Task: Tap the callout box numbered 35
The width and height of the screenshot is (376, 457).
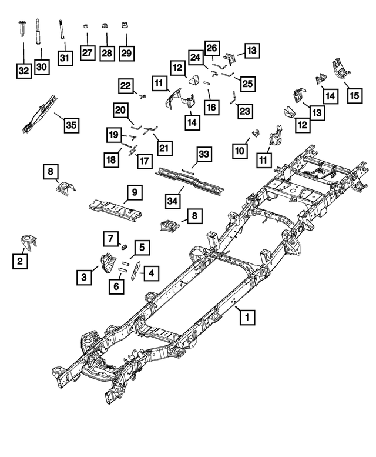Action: point(71,125)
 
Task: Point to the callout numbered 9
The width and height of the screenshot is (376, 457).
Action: point(134,192)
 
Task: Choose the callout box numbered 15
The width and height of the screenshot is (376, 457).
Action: point(354,94)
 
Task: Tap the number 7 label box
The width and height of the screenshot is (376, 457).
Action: point(109,238)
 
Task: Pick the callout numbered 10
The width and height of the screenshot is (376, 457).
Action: point(239,151)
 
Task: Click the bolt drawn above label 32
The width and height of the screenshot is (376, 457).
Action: point(22,29)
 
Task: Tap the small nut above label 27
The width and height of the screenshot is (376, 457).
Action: point(86,26)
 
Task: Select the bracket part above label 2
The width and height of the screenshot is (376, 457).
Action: point(28,243)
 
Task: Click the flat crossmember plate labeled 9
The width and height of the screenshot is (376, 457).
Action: point(115,209)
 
